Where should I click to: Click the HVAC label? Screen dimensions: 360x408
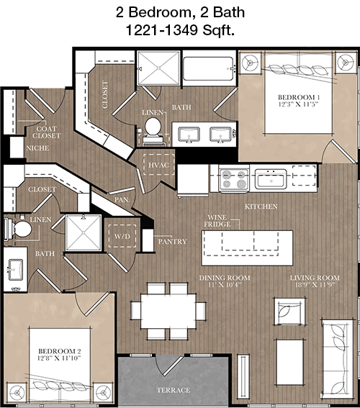158,165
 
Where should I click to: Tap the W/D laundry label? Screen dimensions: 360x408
122,236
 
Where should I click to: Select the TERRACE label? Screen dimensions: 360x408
173,390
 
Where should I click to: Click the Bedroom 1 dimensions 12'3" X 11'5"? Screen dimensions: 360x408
299,104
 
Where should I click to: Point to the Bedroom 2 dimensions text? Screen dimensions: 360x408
59,358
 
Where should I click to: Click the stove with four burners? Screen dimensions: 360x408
234,178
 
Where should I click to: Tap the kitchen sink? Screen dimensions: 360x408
271,178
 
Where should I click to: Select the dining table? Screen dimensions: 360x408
168,311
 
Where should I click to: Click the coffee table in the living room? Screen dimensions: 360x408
289,362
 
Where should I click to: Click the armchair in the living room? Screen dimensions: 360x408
289,312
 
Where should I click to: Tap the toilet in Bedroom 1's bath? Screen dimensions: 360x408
153,131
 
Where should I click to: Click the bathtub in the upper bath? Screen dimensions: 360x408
208,68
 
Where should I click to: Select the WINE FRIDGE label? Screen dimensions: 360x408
217,221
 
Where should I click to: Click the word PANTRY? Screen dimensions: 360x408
172,242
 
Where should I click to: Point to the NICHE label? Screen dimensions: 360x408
37,148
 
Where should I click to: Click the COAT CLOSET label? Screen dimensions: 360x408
46,132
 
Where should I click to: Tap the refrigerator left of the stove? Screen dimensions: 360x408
193,180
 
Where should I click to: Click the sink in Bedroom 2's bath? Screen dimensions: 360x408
16,270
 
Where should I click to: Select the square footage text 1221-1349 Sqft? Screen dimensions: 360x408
180,30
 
